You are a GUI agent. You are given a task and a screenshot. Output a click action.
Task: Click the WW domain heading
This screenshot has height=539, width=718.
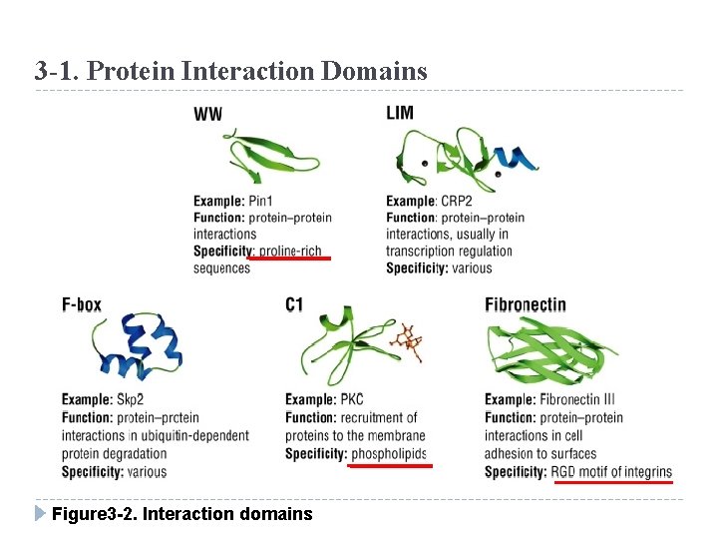207,114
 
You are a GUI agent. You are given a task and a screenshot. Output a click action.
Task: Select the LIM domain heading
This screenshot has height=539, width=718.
400,113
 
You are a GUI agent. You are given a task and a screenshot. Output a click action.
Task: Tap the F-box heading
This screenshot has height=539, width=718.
81,304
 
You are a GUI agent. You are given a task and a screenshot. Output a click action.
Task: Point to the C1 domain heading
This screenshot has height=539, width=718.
294,304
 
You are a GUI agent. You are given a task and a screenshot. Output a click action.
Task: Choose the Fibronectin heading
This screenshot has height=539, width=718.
526,304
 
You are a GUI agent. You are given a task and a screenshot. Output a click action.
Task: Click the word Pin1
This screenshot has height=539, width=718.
263,201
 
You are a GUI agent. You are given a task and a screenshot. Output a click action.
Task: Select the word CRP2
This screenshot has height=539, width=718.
458,201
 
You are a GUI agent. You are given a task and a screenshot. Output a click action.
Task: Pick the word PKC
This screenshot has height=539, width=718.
352,399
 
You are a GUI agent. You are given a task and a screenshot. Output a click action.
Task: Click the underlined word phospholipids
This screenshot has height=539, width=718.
389,454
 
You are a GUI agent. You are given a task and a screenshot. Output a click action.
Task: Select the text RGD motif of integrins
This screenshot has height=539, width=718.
611,471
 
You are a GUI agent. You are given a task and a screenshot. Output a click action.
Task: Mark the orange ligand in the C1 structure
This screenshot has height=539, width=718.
406,341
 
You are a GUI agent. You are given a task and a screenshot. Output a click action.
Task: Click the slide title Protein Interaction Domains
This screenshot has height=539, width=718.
230,72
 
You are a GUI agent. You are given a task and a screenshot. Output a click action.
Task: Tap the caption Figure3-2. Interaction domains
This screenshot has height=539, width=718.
181,514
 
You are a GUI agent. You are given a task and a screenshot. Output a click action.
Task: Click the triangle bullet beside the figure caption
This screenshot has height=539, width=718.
40,513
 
